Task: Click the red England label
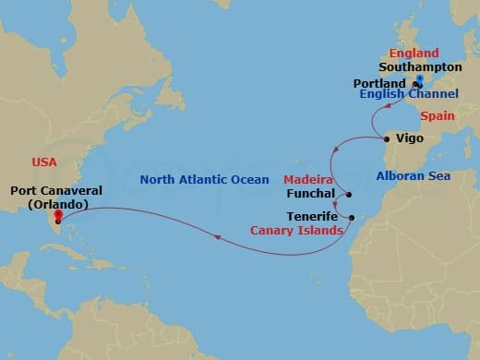(414, 53)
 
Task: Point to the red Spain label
(438, 116)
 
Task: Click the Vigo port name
(409, 139)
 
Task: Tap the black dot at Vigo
(386, 139)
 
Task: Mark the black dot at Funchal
(349, 194)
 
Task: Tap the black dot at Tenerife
(352, 217)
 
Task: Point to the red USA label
(44, 162)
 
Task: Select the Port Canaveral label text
(56, 192)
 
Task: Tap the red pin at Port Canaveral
(58, 218)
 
